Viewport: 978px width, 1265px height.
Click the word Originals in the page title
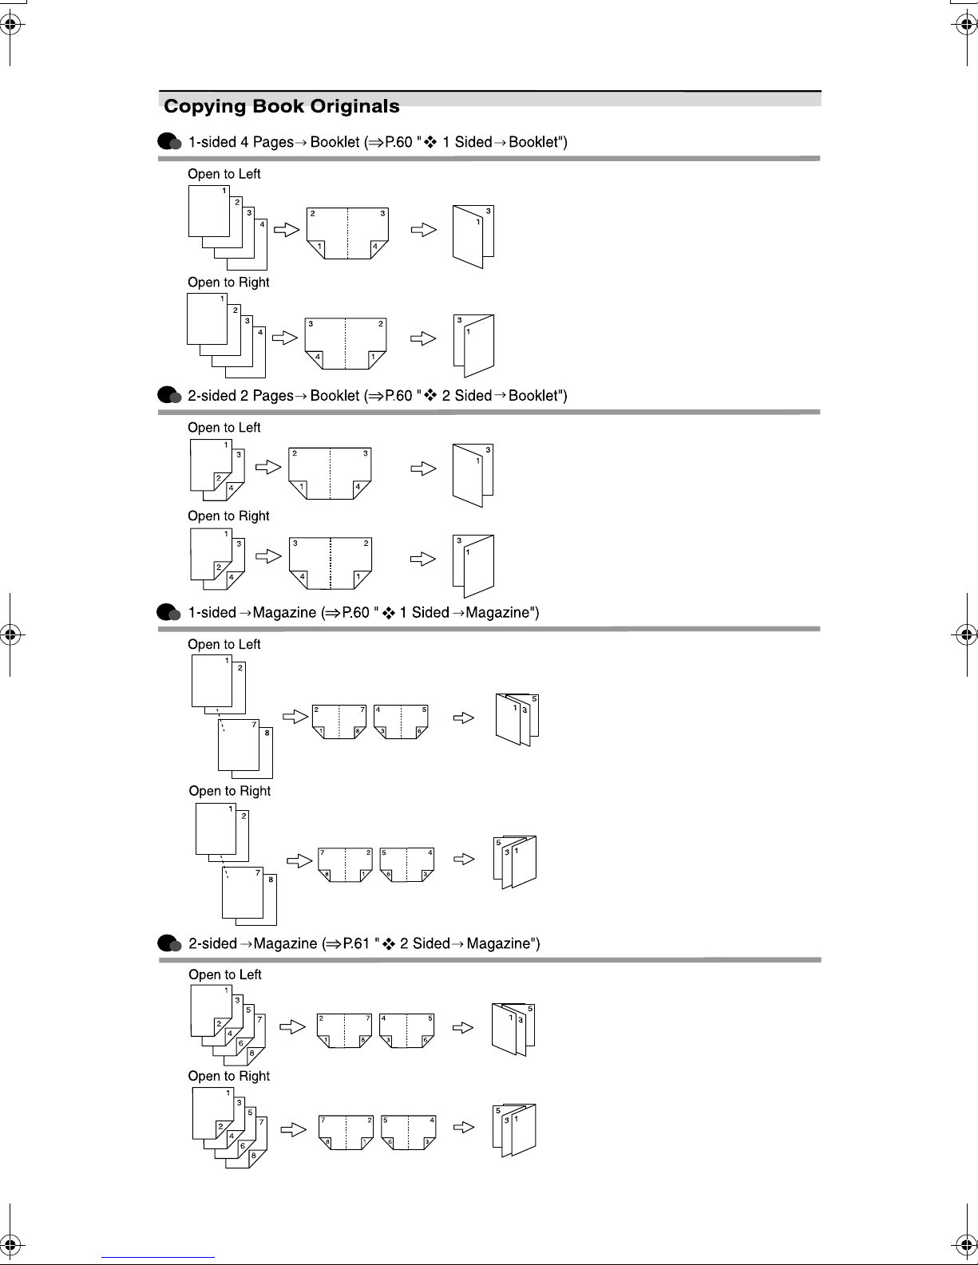click(354, 106)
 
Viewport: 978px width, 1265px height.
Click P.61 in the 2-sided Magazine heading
click(356, 943)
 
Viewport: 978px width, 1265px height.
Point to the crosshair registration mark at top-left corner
click(10, 25)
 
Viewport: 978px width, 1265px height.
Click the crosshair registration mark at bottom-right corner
click(966, 1245)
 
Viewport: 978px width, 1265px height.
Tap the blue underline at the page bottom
click(158, 1257)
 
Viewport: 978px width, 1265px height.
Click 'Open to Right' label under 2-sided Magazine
click(229, 1076)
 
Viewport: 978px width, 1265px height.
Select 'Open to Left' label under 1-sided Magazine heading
click(224, 644)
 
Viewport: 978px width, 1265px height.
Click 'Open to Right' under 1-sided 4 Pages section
click(228, 282)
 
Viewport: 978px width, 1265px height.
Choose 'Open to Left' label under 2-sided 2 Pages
click(224, 427)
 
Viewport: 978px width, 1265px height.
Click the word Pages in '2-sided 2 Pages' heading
click(273, 396)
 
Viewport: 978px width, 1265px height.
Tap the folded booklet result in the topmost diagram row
click(473, 236)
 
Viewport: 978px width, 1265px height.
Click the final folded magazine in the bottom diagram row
click(514, 1130)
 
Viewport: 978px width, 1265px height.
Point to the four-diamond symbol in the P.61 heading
click(389, 943)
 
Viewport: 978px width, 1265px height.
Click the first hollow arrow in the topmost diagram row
click(287, 229)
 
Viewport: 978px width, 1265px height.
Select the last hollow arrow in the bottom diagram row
click(463, 1128)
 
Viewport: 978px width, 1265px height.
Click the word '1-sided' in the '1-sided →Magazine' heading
click(212, 612)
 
